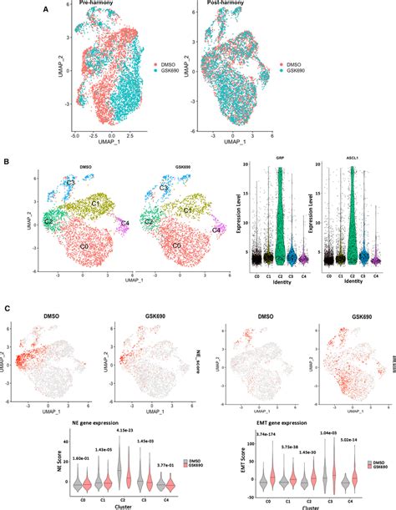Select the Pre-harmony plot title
(98, 5)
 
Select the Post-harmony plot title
(228, 5)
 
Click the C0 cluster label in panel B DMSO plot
(83, 248)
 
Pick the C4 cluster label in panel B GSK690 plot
(216, 229)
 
